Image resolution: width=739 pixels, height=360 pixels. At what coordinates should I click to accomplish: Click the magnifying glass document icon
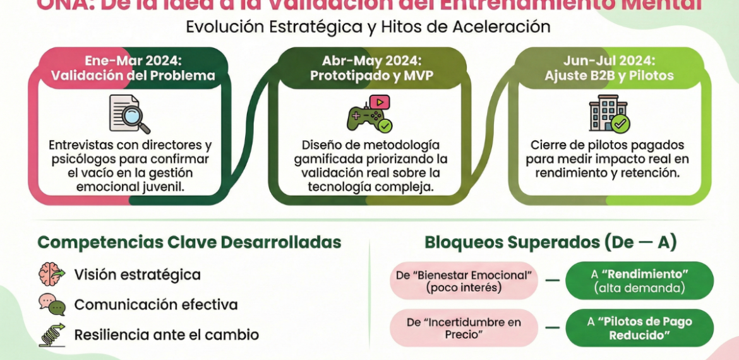tap(129, 114)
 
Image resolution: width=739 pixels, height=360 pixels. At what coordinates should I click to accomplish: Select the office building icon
tap(609, 114)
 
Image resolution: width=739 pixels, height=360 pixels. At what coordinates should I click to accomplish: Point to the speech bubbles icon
tap(52, 305)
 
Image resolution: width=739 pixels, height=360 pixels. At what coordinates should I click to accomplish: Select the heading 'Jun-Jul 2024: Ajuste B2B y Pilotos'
tap(609, 68)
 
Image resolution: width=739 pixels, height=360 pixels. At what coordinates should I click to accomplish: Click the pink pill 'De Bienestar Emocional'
tap(463, 281)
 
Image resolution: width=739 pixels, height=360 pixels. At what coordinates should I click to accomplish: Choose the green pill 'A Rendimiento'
tap(639, 281)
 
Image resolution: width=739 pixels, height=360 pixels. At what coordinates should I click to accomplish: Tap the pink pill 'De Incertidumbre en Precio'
tap(463, 328)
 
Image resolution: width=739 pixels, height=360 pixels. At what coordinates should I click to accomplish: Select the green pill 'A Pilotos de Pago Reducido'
tap(639, 328)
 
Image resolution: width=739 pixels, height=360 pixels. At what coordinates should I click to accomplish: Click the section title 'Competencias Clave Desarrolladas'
tap(189, 243)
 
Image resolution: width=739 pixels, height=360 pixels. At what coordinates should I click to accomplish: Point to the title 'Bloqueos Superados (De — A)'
tap(551, 243)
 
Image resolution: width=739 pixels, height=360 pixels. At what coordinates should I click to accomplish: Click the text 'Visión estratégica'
tap(137, 275)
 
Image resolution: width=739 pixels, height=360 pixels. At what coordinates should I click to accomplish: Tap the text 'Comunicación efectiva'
tap(155, 304)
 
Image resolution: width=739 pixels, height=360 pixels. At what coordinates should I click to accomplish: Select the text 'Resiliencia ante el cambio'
tap(166, 335)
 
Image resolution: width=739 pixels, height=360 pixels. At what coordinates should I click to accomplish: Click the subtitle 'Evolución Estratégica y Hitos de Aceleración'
tap(368, 27)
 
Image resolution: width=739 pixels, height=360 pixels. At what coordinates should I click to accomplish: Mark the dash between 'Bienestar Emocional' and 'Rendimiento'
tap(551, 281)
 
